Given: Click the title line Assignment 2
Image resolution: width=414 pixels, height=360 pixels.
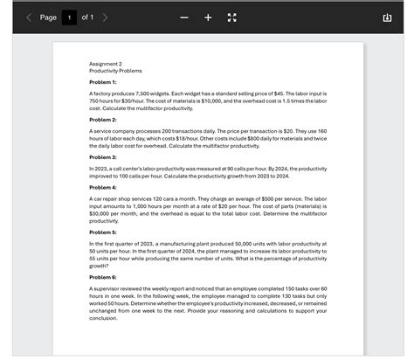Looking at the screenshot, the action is coord(105,64).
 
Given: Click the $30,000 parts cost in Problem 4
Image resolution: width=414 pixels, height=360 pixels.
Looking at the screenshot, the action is coord(99,213).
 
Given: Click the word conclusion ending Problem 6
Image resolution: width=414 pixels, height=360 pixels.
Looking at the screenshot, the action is coord(103,318).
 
